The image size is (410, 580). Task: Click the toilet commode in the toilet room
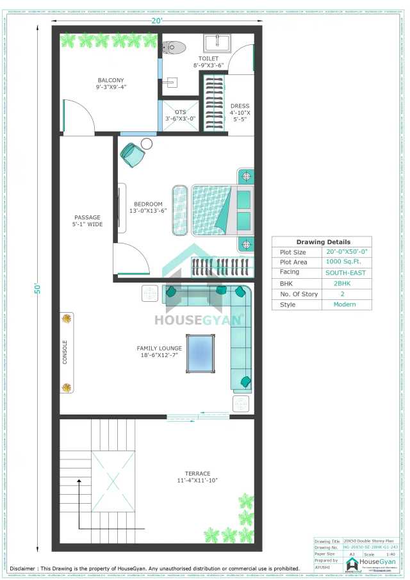(174, 47)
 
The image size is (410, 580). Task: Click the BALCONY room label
(110, 84)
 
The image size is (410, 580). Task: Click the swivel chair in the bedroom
(134, 154)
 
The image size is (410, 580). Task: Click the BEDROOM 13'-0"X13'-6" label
(148, 208)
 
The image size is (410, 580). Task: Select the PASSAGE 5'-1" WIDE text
(86, 221)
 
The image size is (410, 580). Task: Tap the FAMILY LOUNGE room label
(159, 352)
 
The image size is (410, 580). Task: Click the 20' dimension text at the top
(157, 21)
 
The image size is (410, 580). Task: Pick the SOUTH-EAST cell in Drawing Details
(346, 272)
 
